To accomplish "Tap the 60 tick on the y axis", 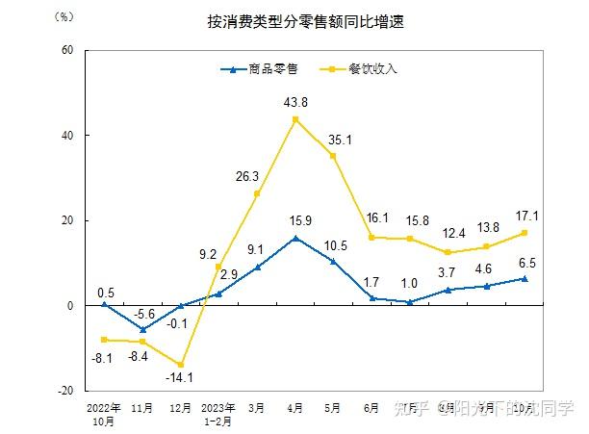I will pos(67,50).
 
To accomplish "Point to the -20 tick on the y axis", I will pos(65,391).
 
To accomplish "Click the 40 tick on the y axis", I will pos(67,136).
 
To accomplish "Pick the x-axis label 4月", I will pos(294,408).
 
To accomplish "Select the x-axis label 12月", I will pos(180,408).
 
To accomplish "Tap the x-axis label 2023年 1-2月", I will pos(218,414).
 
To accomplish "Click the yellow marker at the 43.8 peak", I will pos(294,119).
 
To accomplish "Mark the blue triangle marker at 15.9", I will pos(294,238).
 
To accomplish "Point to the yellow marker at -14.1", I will pos(180,365).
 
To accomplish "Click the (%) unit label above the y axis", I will pos(64,16).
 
